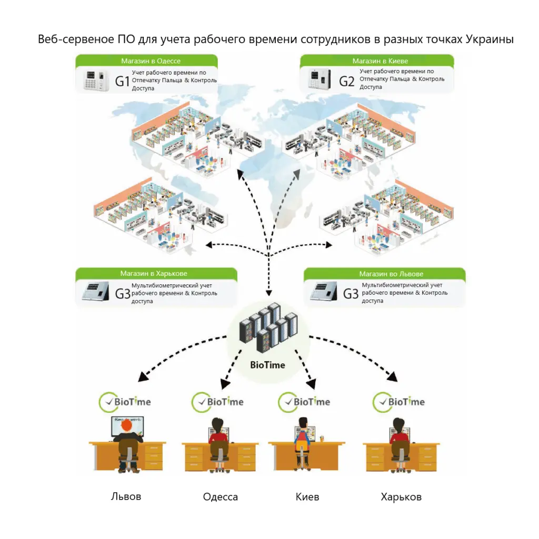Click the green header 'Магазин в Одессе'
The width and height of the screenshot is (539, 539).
[x=151, y=61]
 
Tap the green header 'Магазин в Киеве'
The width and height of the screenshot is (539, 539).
[x=380, y=61]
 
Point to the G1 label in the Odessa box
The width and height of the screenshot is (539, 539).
[x=122, y=81]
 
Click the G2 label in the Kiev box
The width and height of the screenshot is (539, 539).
[x=346, y=81]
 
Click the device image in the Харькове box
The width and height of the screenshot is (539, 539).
[x=95, y=292]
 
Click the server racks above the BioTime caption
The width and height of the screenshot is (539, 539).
[x=267, y=327]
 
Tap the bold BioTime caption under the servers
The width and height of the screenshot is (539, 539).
[x=267, y=365]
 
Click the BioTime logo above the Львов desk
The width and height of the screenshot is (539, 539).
[x=125, y=402]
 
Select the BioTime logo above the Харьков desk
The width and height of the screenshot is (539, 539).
[x=398, y=402]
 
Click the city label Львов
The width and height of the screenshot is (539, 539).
[x=126, y=496]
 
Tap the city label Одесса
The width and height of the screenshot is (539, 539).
[x=221, y=496]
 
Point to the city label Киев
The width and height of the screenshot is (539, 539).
[x=307, y=496]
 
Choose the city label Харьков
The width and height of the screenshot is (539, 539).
[x=401, y=496]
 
